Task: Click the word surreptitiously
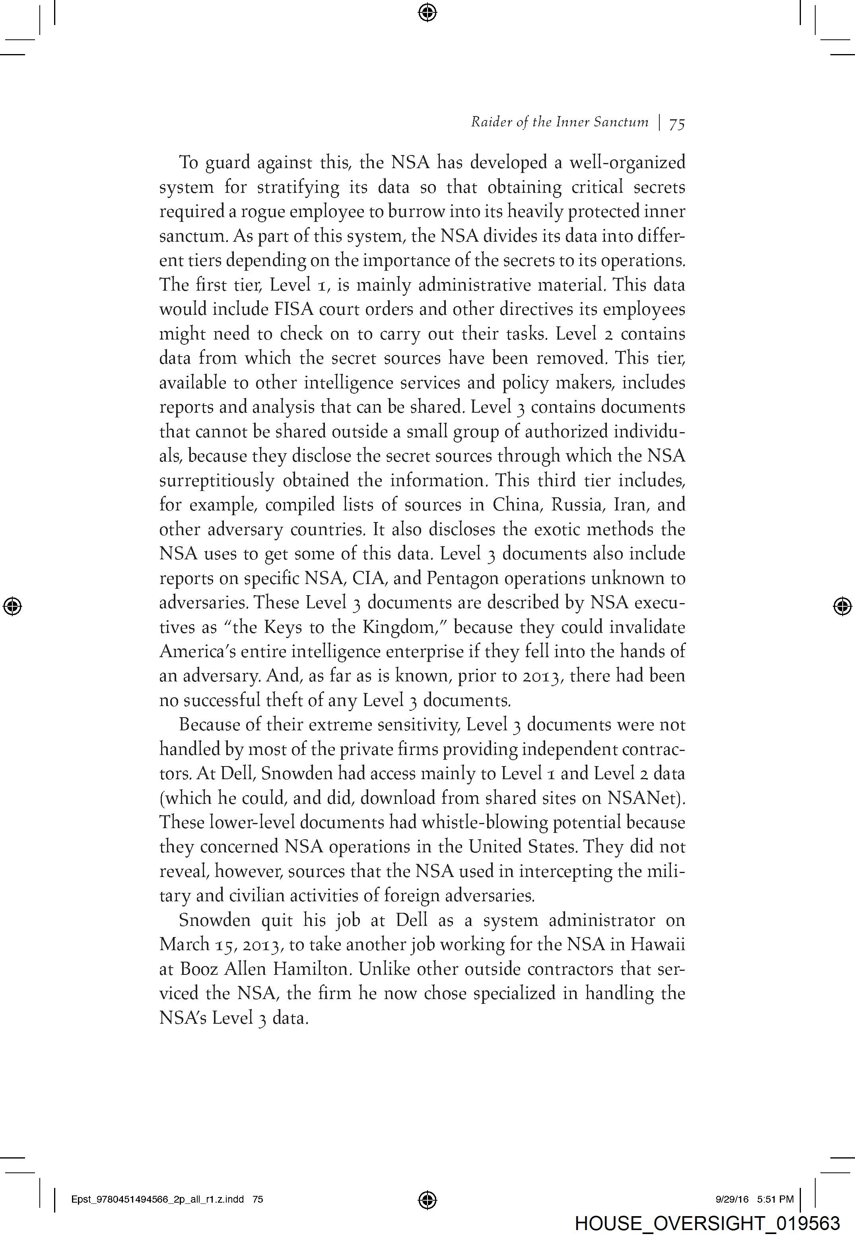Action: pos(216,481)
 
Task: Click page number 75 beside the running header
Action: pos(677,124)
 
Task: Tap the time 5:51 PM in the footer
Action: pos(775,1199)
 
